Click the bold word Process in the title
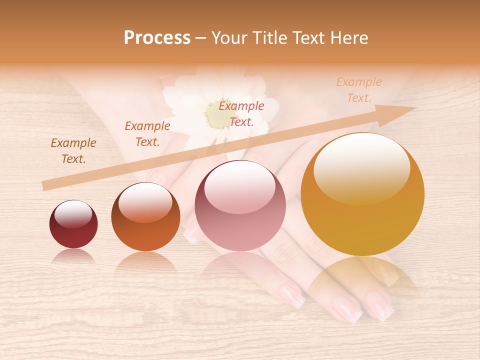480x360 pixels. click(157, 38)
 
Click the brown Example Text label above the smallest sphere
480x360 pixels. click(73, 151)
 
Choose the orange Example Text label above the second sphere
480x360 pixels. click(147, 134)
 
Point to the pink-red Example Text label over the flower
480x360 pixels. click(241, 113)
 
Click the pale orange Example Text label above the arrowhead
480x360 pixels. click(359, 90)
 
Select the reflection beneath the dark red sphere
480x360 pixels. click(73, 256)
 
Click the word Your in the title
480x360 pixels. click(230, 38)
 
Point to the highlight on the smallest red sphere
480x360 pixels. click(73, 213)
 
